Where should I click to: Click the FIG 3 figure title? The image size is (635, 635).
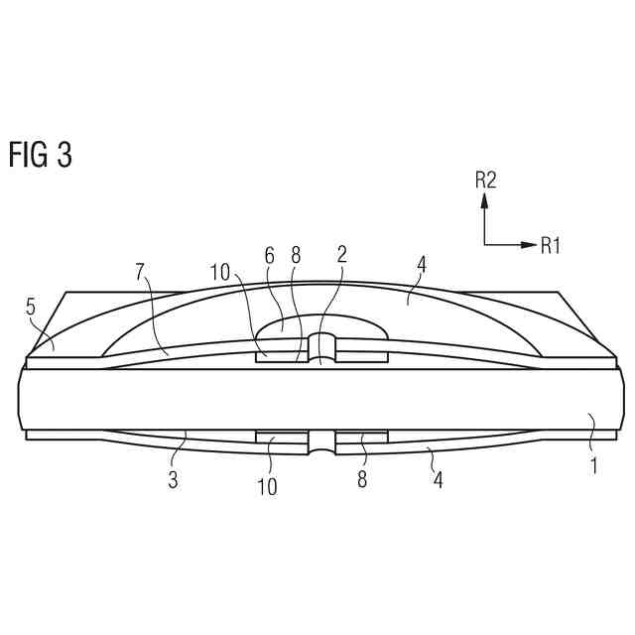[41, 155]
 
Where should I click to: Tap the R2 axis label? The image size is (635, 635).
[485, 180]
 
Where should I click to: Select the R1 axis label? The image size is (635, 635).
[551, 245]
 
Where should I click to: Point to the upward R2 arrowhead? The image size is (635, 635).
[484, 200]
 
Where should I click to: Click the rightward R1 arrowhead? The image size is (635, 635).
[528, 245]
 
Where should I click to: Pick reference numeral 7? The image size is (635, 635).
[140, 272]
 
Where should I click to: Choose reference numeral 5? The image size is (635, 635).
[31, 308]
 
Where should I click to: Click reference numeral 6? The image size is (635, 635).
[270, 256]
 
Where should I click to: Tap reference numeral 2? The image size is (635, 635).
[342, 254]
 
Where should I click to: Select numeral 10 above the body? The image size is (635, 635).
[220, 273]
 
